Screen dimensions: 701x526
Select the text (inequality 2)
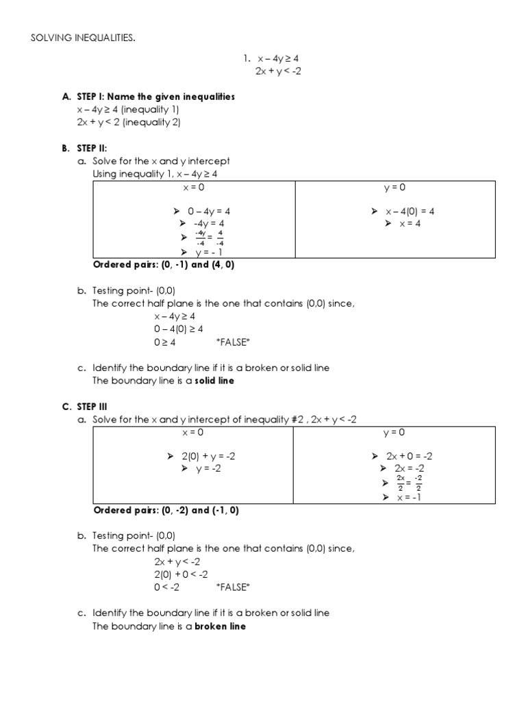click(152, 123)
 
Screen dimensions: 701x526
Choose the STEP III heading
click(94, 407)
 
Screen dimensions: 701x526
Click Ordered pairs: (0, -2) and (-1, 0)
click(166, 511)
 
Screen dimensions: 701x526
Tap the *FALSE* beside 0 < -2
click(233, 587)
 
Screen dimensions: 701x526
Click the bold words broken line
click(220, 626)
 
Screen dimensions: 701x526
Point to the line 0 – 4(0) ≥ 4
click(178, 329)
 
